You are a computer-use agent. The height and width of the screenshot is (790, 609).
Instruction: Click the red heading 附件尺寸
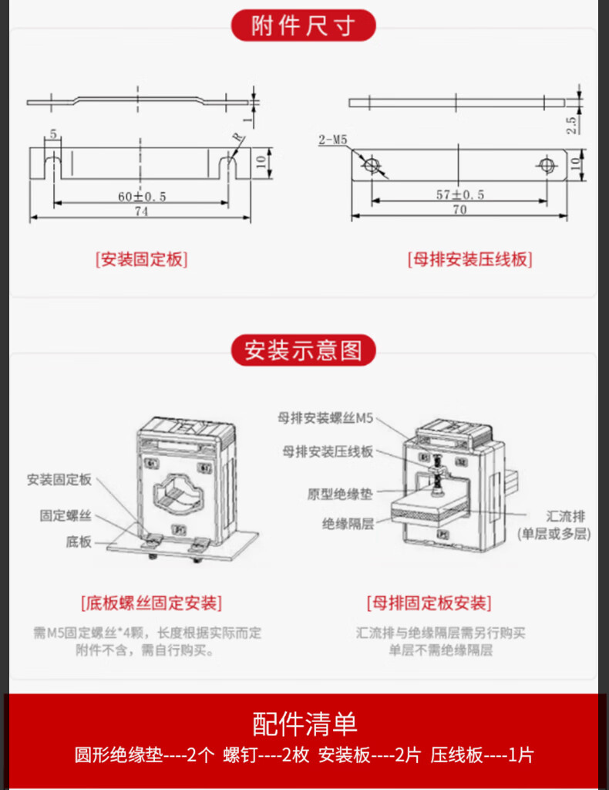(x=304, y=26)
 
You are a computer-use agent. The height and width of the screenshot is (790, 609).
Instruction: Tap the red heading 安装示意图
(x=304, y=350)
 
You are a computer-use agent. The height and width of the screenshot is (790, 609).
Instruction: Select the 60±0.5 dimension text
(x=142, y=197)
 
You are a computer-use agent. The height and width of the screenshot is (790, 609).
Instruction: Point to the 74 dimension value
(x=141, y=211)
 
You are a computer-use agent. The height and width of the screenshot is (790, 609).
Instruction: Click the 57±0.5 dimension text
(x=459, y=194)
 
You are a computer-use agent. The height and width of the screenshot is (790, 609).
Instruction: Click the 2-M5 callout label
(x=332, y=140)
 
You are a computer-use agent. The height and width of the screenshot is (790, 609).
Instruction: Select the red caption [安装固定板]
(x=142, y=259)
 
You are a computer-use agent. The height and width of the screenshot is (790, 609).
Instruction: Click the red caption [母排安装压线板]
(x=469, y=259)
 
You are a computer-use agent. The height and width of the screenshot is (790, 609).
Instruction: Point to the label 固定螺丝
(x=66, y=515)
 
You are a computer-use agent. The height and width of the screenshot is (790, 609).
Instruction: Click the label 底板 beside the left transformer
(x=78, y=542)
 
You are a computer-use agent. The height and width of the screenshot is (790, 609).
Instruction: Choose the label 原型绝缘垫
(x=340, y=495)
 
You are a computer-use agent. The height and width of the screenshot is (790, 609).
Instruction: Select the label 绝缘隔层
(x=348, y=523)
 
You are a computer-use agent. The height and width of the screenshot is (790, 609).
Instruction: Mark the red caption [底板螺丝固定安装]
(x=150, y=602)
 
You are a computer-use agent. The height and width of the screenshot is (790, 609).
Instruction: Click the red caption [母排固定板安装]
(x=429, y=602)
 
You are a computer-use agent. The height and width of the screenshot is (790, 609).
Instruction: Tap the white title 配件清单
(x=304, y=724)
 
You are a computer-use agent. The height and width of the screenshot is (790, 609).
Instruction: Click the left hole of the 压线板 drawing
(x=372, y=164)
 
